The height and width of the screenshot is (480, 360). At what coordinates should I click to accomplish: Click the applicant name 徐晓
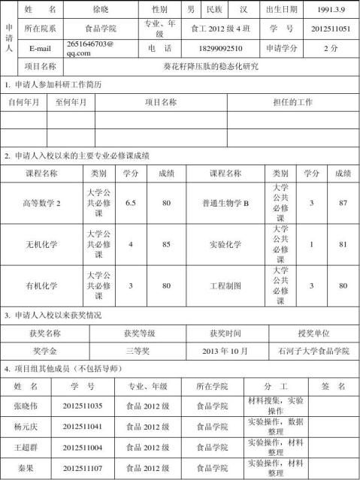coord(102,10)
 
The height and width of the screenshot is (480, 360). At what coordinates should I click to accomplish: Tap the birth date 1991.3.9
coord(331,10)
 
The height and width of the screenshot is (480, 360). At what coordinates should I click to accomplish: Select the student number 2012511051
coord(331,29)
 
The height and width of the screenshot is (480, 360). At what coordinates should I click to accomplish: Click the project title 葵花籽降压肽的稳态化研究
coord(210,66)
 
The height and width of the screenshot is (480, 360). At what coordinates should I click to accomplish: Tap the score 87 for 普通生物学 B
coord(343,204)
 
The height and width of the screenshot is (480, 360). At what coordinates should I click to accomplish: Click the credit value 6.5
coord(131,204)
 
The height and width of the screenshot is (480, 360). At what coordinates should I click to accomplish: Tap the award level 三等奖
coord(139,351)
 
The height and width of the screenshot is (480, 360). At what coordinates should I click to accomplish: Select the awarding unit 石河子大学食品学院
coord(313,351)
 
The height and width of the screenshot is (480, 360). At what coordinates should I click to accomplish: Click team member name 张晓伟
coord(26,406)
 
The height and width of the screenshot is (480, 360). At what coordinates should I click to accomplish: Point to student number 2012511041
coord(83,427)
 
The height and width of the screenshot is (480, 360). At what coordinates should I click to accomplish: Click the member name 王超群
coord(26,448)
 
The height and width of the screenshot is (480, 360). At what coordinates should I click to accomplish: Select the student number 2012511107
coord(83,469)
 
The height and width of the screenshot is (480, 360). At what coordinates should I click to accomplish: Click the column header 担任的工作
coord(292,102)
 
